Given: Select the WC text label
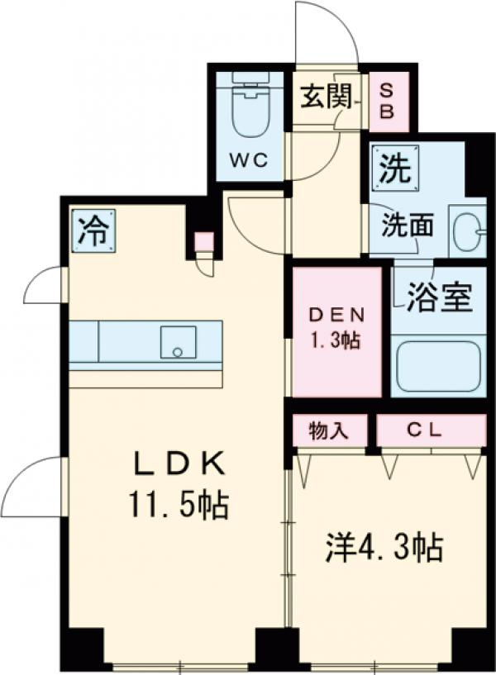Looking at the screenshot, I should point(249,160).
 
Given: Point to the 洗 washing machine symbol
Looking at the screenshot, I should point(393,169).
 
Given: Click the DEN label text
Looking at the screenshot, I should point(333,316).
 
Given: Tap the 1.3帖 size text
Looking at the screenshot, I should point(333,340).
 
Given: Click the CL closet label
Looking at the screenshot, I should point(431,430).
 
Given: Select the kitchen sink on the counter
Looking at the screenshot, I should point(177,343).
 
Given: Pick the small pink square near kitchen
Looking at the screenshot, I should point(203,242).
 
